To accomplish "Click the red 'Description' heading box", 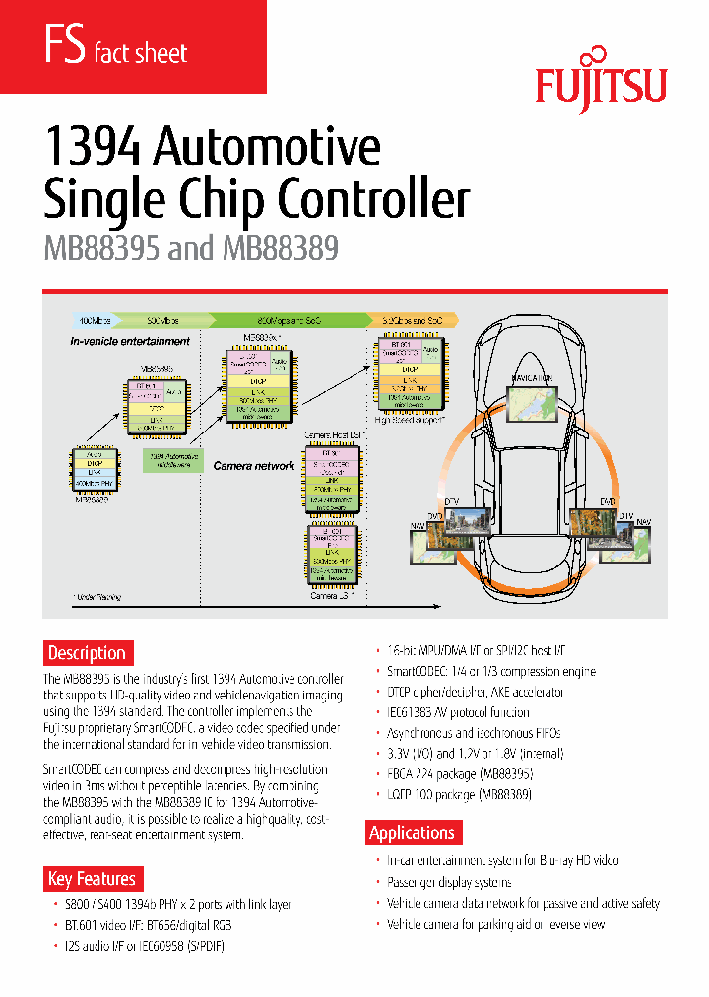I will (x=88, y=652).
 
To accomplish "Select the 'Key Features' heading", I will (x=92, y=878).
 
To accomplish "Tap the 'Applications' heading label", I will (x=412, y=832).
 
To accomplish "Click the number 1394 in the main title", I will (x=96, y=148).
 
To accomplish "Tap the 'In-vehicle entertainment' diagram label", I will (x=130, y=341).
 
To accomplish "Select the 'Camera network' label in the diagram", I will (x=254, y=465).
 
